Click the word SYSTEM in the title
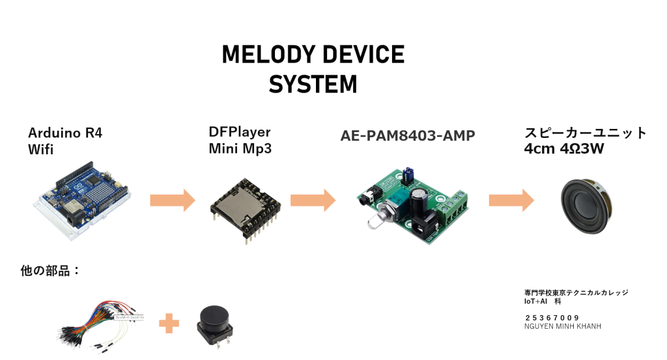(313, 85)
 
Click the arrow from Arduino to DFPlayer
(172, 200)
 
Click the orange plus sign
(169, 322)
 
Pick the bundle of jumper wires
(98, 322)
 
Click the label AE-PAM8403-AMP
(408, 136)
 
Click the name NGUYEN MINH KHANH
(562, 326)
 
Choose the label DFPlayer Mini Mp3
(240, 140)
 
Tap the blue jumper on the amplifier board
(408, 174)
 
